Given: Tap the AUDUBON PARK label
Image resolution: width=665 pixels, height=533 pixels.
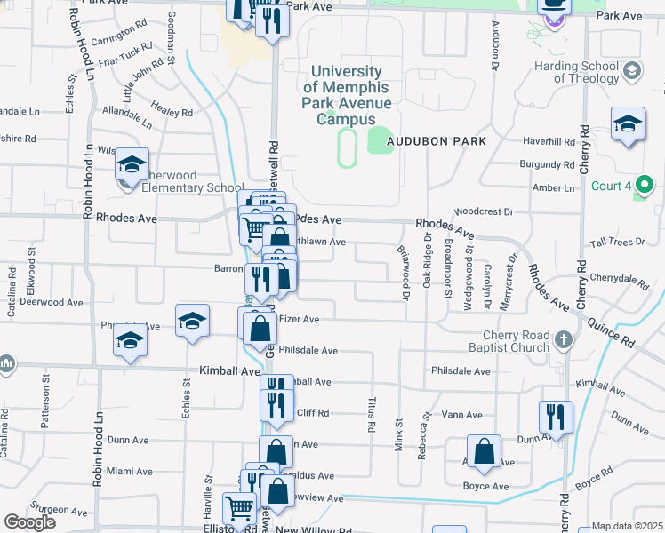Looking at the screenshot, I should pyautogui.click(x=442, y=141).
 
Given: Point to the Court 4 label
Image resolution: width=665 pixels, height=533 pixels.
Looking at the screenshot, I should pyautogui.click(x=610, y=187).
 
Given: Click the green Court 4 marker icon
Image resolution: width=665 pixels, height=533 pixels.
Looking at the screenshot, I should pyautogui.click(x=648, y=186).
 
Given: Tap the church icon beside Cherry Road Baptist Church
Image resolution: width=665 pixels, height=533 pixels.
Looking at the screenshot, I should pyautogui.click(x=563, y=339).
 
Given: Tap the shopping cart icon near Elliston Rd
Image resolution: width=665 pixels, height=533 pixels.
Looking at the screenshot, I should pyautogui.click(x=240, y=509).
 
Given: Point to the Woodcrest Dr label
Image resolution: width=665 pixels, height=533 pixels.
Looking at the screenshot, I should pyautogui.click(x=484, y=211).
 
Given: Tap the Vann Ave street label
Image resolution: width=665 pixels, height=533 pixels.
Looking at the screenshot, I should pyautogui.click(x=461, y=415).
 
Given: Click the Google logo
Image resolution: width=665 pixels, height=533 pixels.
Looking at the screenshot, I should pyautogui.click(x=29, y=522).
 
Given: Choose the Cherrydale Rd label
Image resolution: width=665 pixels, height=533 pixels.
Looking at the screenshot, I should pyautogui.click(x=619, y=278).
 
